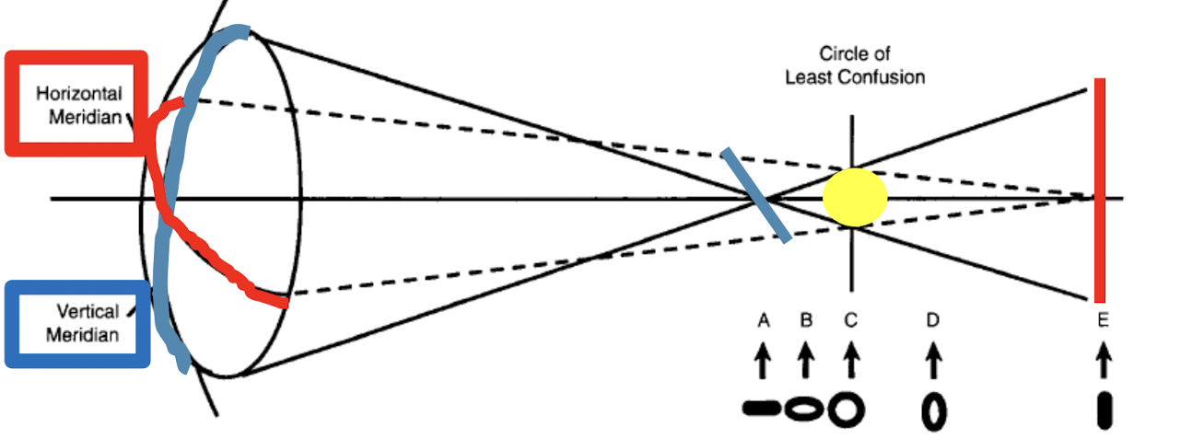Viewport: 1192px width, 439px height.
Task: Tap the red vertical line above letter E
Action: pos(1100,184)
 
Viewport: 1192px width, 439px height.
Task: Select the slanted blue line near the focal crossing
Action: pos(756,195)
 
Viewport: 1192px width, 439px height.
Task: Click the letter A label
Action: pos(763,320)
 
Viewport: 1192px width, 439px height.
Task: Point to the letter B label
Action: pos(806,320)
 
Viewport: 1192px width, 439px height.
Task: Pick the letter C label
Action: pos(850,320)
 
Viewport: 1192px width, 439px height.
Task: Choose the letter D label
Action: pos(932,320)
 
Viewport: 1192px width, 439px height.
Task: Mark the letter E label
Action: pos(1103,320)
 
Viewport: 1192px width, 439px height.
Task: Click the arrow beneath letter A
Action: pos(763,359)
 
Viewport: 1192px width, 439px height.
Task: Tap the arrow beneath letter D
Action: pos(933,359)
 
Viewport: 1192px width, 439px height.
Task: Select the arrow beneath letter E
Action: pos(1103,359)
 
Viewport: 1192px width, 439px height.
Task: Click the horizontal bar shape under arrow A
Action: pos(762,408)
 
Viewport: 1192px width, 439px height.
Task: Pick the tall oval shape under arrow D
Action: pos(934,410)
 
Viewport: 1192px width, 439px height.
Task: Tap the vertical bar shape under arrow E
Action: pos(1104,410)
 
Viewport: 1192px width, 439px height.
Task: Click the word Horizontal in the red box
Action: pos(78,94)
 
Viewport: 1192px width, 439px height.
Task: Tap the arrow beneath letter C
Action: pos(851,359)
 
